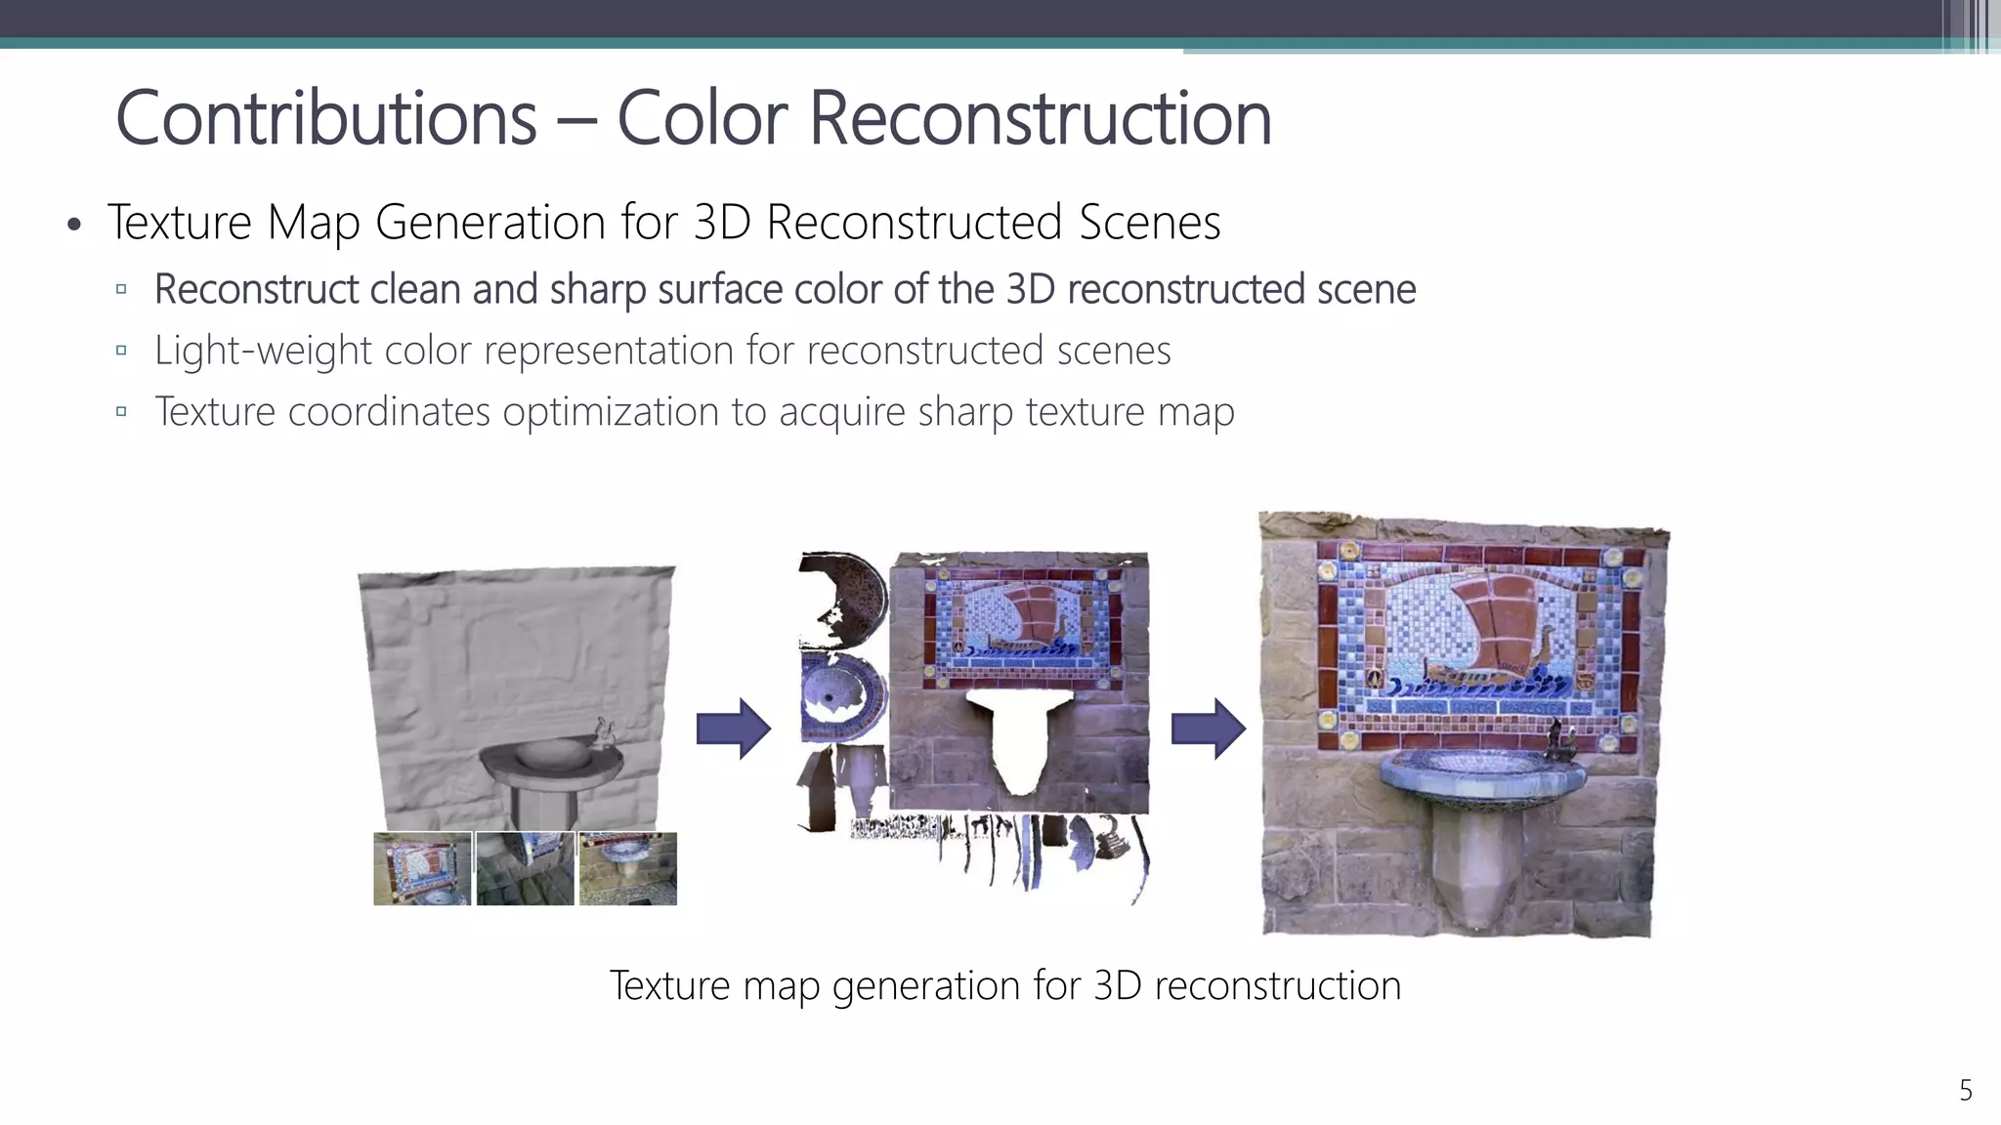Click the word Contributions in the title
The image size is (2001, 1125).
[x=326, y=118]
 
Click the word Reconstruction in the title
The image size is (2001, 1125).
[x=1041, y=118]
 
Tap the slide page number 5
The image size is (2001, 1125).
[x=1966, y=1090]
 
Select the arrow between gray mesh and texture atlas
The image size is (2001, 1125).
[x=733, y=729]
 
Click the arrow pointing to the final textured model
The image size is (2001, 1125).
[x=1208, y=729]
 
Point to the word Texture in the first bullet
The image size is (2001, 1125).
[x=180, y=222]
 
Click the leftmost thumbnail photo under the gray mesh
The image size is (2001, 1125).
[x=422, y=868]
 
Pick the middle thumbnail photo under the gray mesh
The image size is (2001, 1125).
[x=525, y=868]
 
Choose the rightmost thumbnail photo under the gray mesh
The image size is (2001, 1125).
[x=627, y=868]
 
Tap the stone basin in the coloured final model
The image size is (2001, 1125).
[x=1480, y=776]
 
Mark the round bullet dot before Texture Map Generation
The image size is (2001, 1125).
[x=74, y=226]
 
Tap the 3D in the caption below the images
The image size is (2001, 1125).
[x=1117, y=985]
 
